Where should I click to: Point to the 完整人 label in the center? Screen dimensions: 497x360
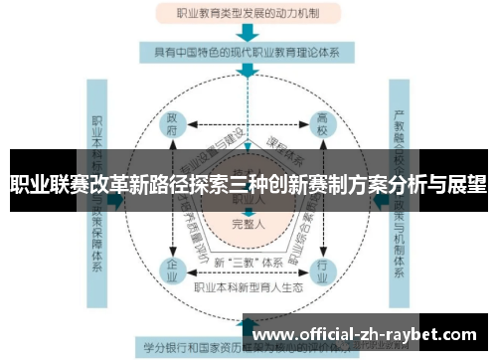pos(248,225)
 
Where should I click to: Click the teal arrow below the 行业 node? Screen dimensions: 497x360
pos(320,302)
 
